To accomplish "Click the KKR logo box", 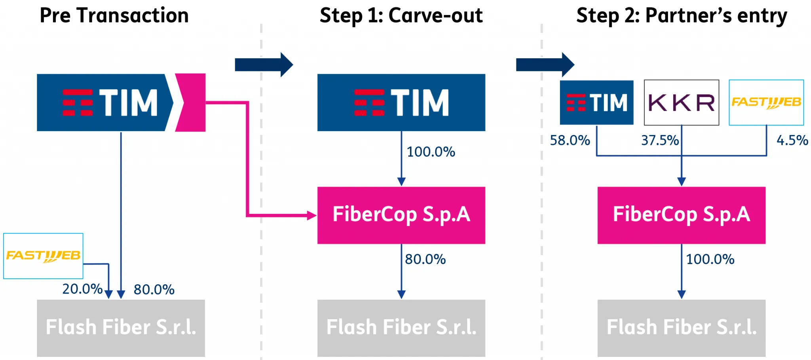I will point(681,103).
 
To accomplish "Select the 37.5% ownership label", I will point(660,140).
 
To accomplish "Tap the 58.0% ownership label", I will point(570,140).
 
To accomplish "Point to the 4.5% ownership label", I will point(792,140).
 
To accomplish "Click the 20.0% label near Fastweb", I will point(82,289).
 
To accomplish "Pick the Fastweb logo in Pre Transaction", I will point(43,256).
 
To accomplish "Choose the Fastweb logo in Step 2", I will point(766,103).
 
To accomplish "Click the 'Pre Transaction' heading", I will point(114,16).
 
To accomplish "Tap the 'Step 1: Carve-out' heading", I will point(401,16).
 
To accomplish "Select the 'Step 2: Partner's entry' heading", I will point(681,16).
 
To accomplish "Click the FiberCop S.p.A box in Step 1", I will point(401,215).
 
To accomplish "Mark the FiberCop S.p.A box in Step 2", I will point(681,215).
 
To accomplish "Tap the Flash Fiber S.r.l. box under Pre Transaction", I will point(121,328).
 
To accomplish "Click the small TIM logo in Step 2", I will point(596,103).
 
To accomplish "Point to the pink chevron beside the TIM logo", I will point(191,102).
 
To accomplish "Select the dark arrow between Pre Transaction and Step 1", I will point(264,65).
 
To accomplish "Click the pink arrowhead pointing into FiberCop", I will point(312,215).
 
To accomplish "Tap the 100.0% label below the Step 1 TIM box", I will point(431,152).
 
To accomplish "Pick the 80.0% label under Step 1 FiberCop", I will point(425,259).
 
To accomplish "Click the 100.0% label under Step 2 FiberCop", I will point(710,259).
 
